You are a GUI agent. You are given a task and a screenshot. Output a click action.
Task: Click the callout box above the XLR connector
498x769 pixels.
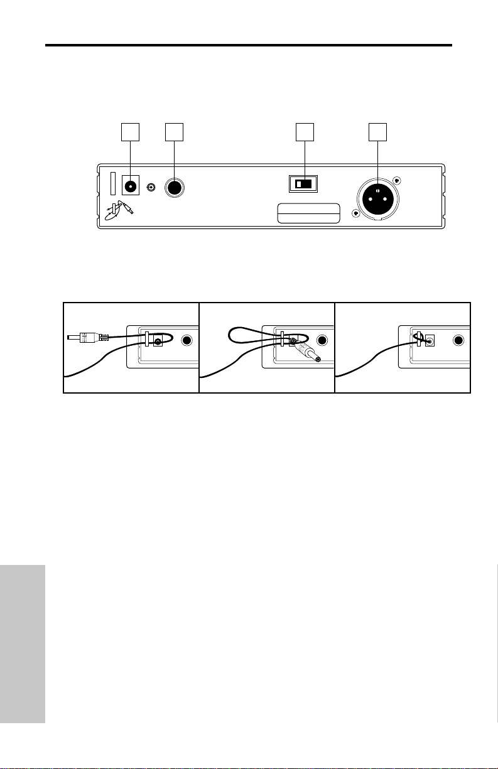pyautogui.click(x=377, y=131)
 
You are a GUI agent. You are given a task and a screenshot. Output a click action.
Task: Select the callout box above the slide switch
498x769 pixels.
pyautogui.click(x=305, y=131)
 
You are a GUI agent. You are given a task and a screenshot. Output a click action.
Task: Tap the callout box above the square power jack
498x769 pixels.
pyautogui.click(x=129, y=131)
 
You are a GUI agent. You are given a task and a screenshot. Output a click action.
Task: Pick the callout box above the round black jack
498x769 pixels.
pyautogui.click(x=174, y=131)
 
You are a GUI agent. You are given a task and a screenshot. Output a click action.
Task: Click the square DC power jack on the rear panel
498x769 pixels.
pyautogui.click(x=130, y=186)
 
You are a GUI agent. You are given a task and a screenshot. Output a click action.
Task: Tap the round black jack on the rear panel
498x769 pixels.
pyautogui.click(x=174, y=187)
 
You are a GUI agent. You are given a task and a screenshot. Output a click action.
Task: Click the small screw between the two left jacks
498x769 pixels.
pyautogui.click(x=151, y=187)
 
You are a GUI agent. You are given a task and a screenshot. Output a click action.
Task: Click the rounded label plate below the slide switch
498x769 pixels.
pyautogui.click(x=309, y=213)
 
